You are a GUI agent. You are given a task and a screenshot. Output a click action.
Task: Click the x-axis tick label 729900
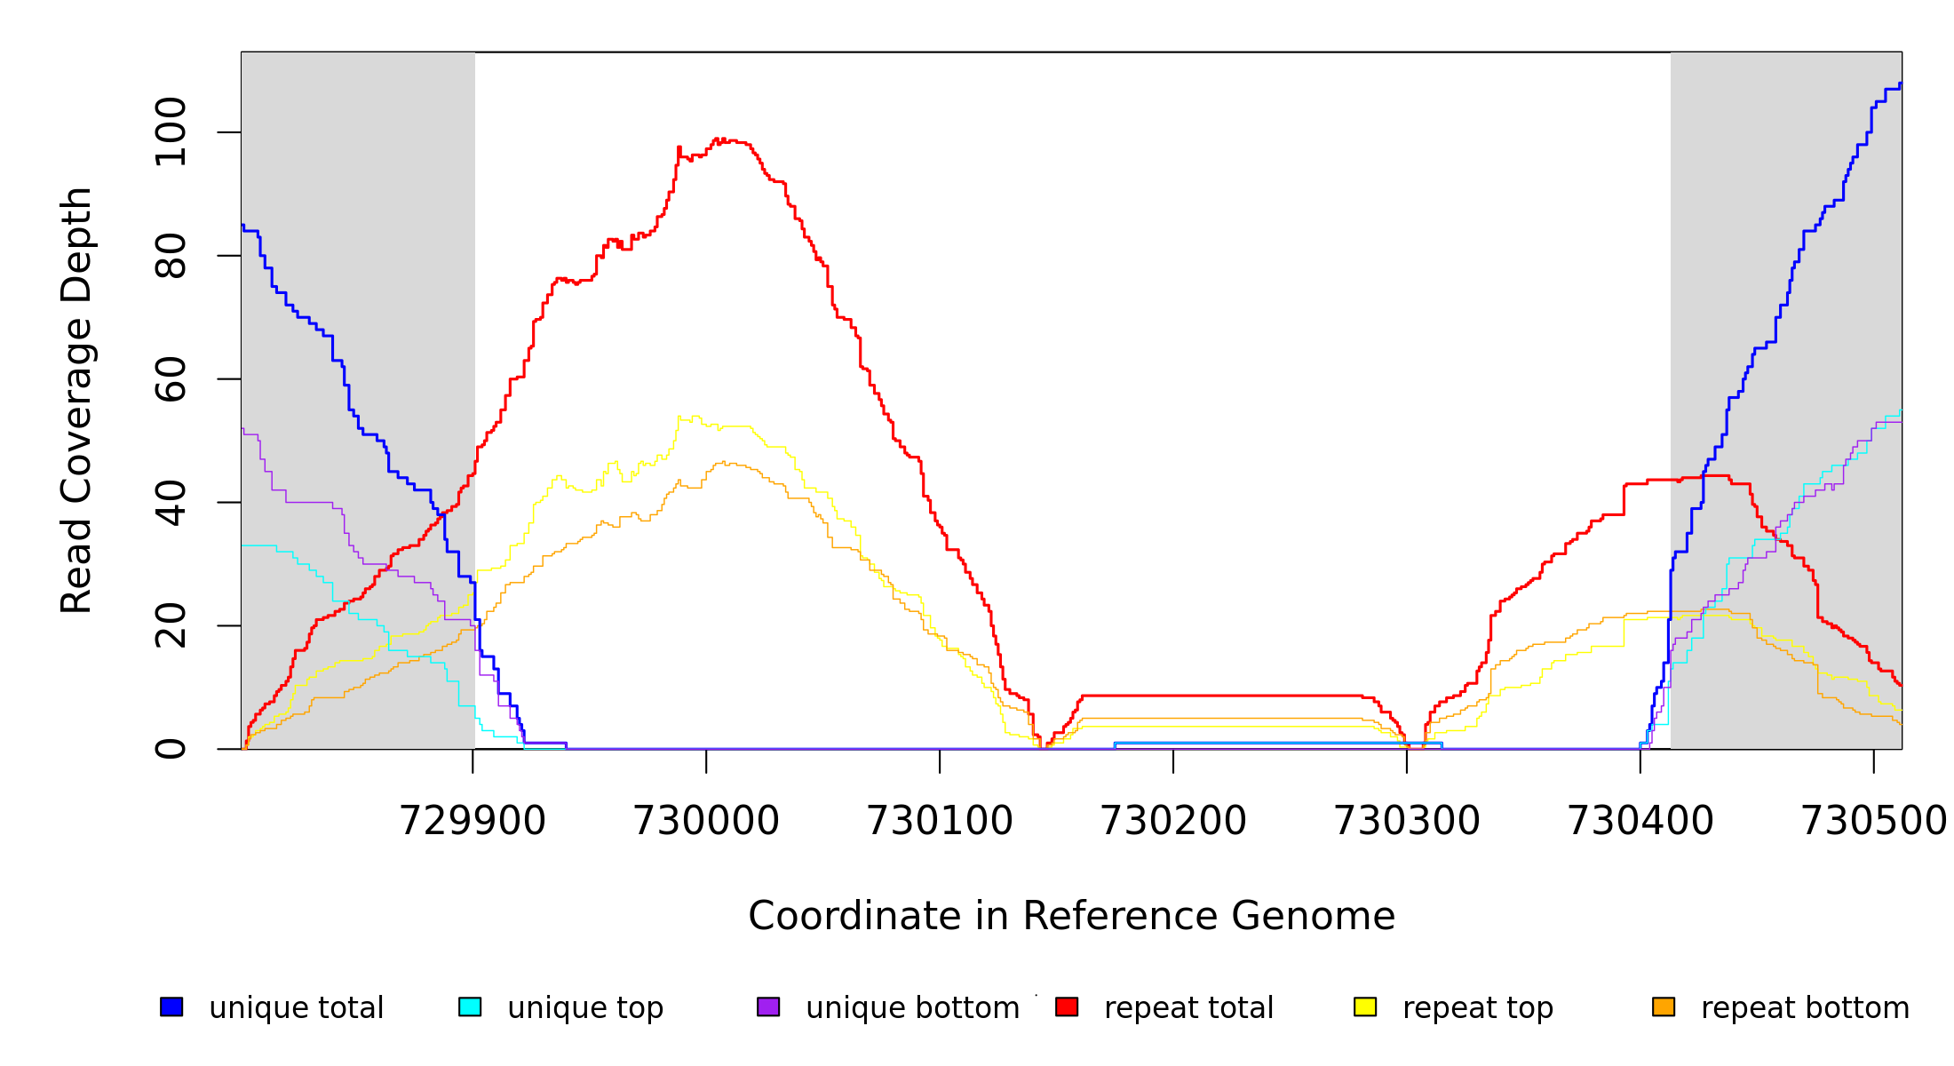tap(473, 821)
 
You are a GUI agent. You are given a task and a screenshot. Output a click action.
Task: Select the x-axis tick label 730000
tap(706, 821)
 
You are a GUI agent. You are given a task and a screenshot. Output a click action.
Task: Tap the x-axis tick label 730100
tap(940, 821)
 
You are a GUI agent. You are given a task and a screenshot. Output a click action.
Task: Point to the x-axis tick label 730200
tap(1173, 821)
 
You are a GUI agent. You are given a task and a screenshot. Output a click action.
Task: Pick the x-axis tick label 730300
tap(1407, 821)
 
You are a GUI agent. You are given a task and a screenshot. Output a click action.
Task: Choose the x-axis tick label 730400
tap(1640, 821)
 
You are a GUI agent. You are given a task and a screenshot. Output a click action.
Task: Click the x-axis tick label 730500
tap(1873, 821)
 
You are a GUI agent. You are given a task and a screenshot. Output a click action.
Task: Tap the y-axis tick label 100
tap(171, 132)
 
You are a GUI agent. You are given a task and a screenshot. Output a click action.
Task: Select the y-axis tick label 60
tap(171, 379)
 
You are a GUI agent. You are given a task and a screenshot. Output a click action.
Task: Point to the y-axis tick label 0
tap(171, 749)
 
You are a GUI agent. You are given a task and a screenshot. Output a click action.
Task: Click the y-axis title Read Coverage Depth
tap(76, 400)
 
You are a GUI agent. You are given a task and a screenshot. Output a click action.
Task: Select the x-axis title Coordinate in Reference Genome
tap(1071, 916)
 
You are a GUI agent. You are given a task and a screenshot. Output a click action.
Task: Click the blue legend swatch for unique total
tap(171, 1006)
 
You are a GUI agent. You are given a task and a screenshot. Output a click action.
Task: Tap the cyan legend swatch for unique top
tap(470, 1006)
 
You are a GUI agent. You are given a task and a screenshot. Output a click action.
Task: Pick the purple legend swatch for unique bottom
tap(768, 1006)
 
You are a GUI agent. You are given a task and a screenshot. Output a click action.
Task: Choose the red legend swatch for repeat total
tap(1067, 1006)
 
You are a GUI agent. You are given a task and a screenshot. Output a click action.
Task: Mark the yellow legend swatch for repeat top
tap(1365, 1006)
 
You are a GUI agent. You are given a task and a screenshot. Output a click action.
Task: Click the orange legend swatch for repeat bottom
tap(1664, 1006)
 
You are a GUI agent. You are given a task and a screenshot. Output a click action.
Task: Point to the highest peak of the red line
tap(717, 139)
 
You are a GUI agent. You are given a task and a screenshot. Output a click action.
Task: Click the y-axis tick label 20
tap(171, 625)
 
